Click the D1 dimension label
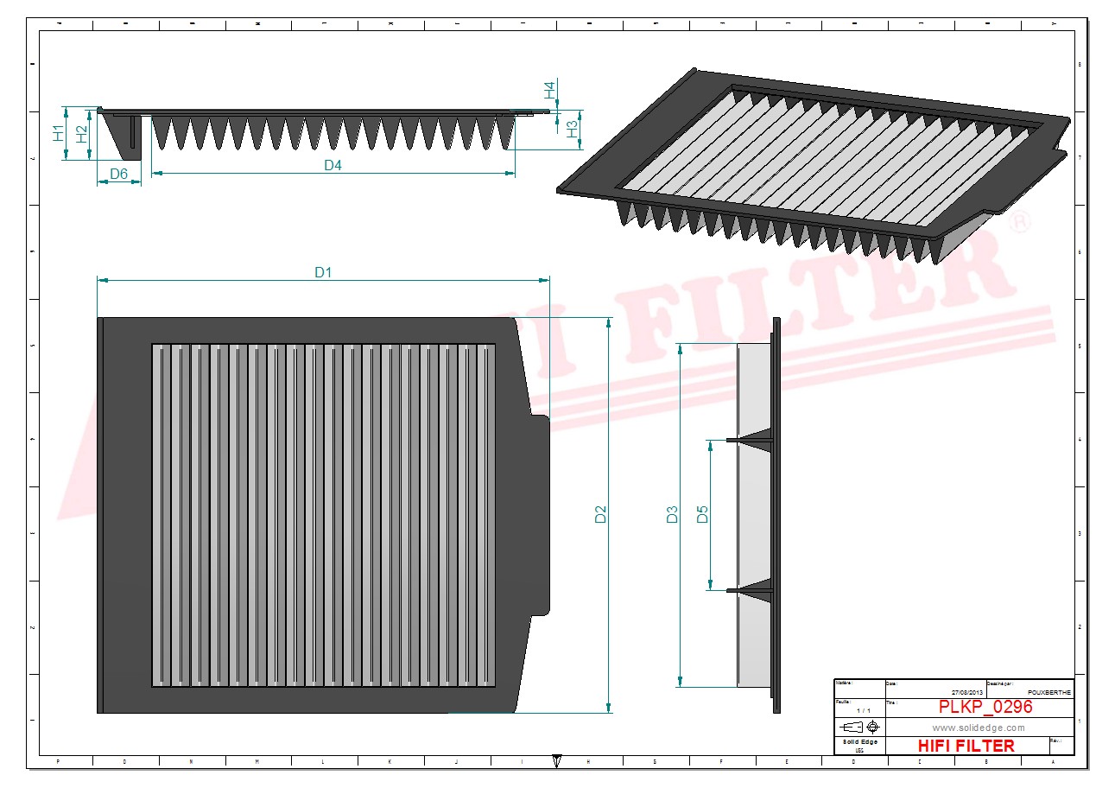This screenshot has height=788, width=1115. click(323, 272)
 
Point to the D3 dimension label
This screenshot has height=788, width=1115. click(672, 515)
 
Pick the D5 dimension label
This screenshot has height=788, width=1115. click(702, 515)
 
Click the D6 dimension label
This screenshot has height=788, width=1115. click(119, 175)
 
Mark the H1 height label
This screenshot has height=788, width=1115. click(58, 133)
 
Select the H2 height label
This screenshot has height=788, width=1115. click(81, 133)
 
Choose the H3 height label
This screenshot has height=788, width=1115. click(572, 130)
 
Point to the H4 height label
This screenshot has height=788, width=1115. click(549, 89)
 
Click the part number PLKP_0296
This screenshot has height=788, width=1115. click(985, 707)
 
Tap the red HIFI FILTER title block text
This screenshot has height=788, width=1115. click(966, 746)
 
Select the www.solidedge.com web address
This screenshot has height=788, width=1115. click(979, 728)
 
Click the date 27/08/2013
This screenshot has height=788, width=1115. click(967, 692)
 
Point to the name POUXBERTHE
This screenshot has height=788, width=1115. click(1050, 692)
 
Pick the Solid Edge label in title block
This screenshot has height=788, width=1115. click(859, 742)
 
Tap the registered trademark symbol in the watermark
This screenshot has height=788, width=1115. click(1020, 221)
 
